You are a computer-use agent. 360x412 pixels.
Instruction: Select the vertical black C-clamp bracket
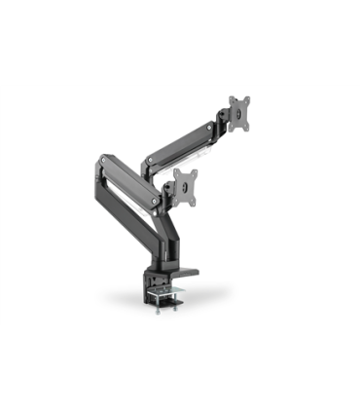[155, 273]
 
